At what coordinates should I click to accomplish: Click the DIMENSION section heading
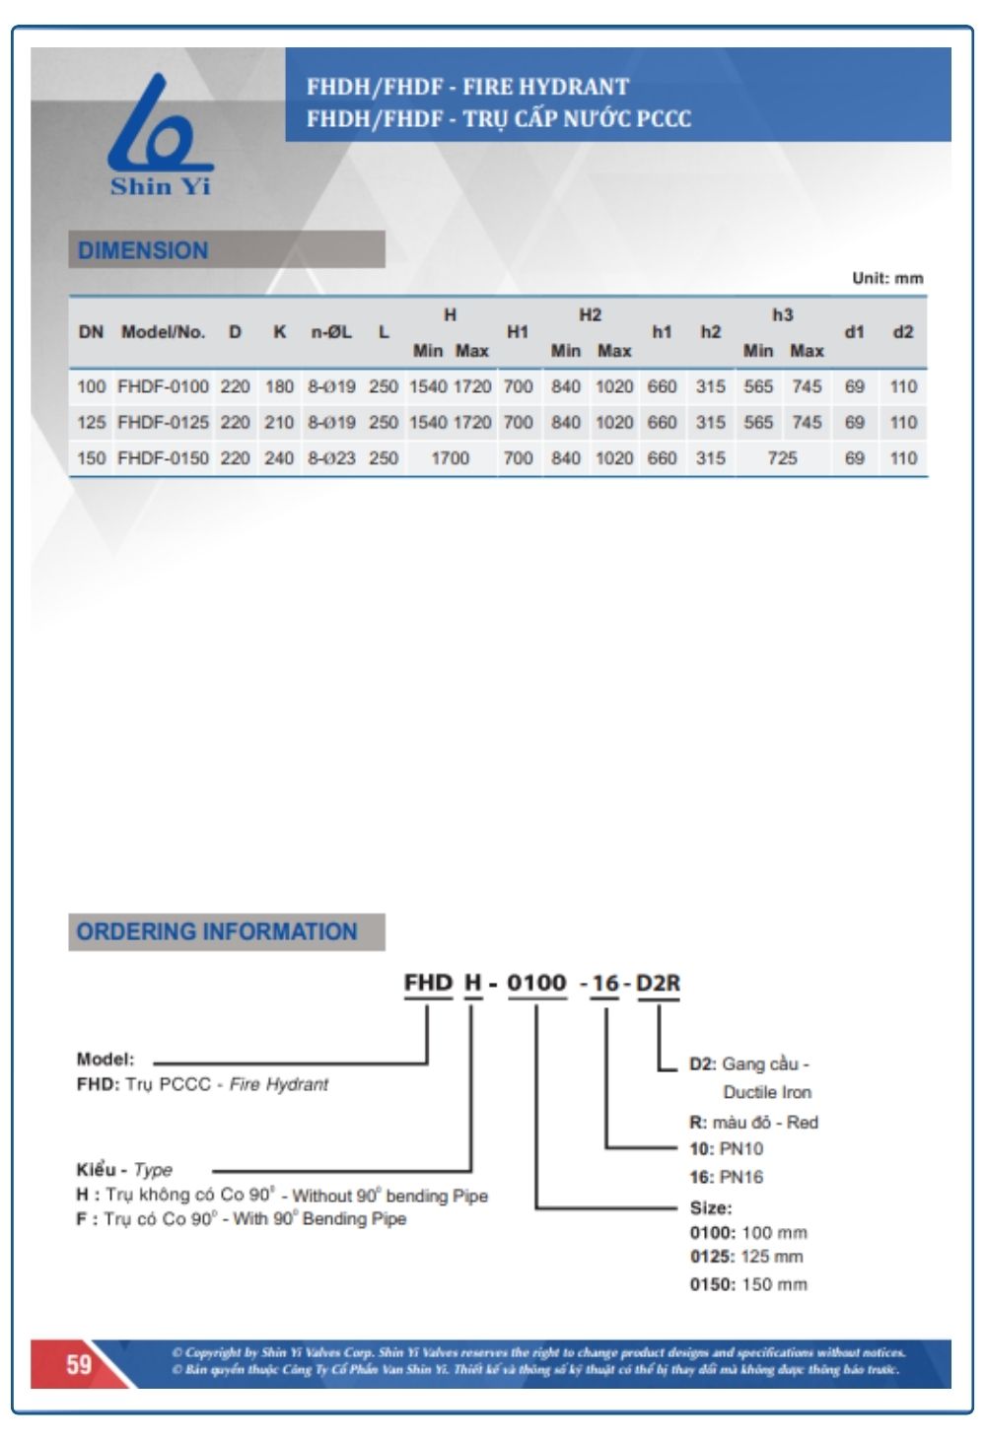(x=143, y=250)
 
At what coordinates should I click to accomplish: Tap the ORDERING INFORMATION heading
(x=217, y=931)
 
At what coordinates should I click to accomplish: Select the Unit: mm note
(x=887, y=278)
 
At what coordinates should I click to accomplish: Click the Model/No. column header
(x=163, y=332)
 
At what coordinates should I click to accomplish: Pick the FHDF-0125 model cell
(x=163, y=422)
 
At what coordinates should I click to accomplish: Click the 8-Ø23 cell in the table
(x=331, y=458)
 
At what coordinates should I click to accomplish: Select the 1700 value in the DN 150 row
(x=450, y=458)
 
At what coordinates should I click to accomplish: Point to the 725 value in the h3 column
(x=782, y=458)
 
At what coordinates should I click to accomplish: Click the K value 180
(x=279, y=386)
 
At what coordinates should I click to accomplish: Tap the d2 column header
(x=903, y=332)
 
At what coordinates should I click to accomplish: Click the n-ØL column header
(x=331, y=332)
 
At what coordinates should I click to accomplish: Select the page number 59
(x=79, y=1364)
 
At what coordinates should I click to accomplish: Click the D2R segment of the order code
(x=658, y=983)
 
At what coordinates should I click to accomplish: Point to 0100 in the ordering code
(x=536, y=983)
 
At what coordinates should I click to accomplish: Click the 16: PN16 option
(x=726, y=1177)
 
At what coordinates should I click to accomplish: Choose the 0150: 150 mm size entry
(x=748, y=1284)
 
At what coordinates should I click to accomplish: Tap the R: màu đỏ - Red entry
(x=753, y=1123)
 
